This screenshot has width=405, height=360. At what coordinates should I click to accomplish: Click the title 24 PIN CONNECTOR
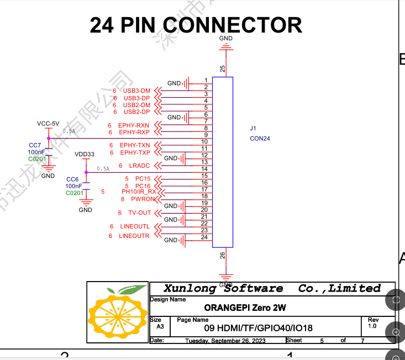(x=196, y=25)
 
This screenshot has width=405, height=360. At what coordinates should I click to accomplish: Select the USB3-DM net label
(x=136, y=91)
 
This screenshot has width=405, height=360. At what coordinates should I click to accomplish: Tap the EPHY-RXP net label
(x=135, y=132)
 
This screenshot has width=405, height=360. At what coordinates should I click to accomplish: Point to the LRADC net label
(x=139, y=166)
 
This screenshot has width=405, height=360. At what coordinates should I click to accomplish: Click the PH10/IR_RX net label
(x=136, y=192)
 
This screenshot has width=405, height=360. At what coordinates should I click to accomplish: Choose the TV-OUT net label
(x=139, y=213)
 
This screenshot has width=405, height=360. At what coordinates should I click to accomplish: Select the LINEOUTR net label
(x=134, y=236)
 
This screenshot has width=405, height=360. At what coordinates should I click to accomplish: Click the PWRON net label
(x=143, y=199)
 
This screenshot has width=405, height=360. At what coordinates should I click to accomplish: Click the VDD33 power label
(x=85, y=153)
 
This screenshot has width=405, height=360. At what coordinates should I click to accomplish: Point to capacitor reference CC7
(x=35, y=145)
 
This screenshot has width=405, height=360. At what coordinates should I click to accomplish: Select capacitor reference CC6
(x=72, y=179)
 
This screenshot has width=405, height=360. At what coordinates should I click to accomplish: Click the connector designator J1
(x=253, y=128)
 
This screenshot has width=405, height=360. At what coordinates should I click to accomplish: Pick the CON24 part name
(x=260, y=139)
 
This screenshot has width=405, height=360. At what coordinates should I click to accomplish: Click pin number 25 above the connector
(x=223, y=69)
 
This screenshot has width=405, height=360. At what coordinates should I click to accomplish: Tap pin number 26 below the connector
(x=223, y=255)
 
